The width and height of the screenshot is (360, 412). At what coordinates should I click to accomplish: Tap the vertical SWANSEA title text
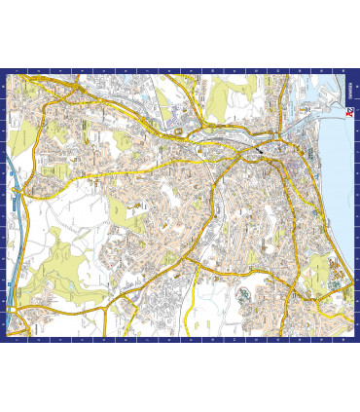[347, 91]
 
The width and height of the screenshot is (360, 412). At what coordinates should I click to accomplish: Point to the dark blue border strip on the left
[4, 205]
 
